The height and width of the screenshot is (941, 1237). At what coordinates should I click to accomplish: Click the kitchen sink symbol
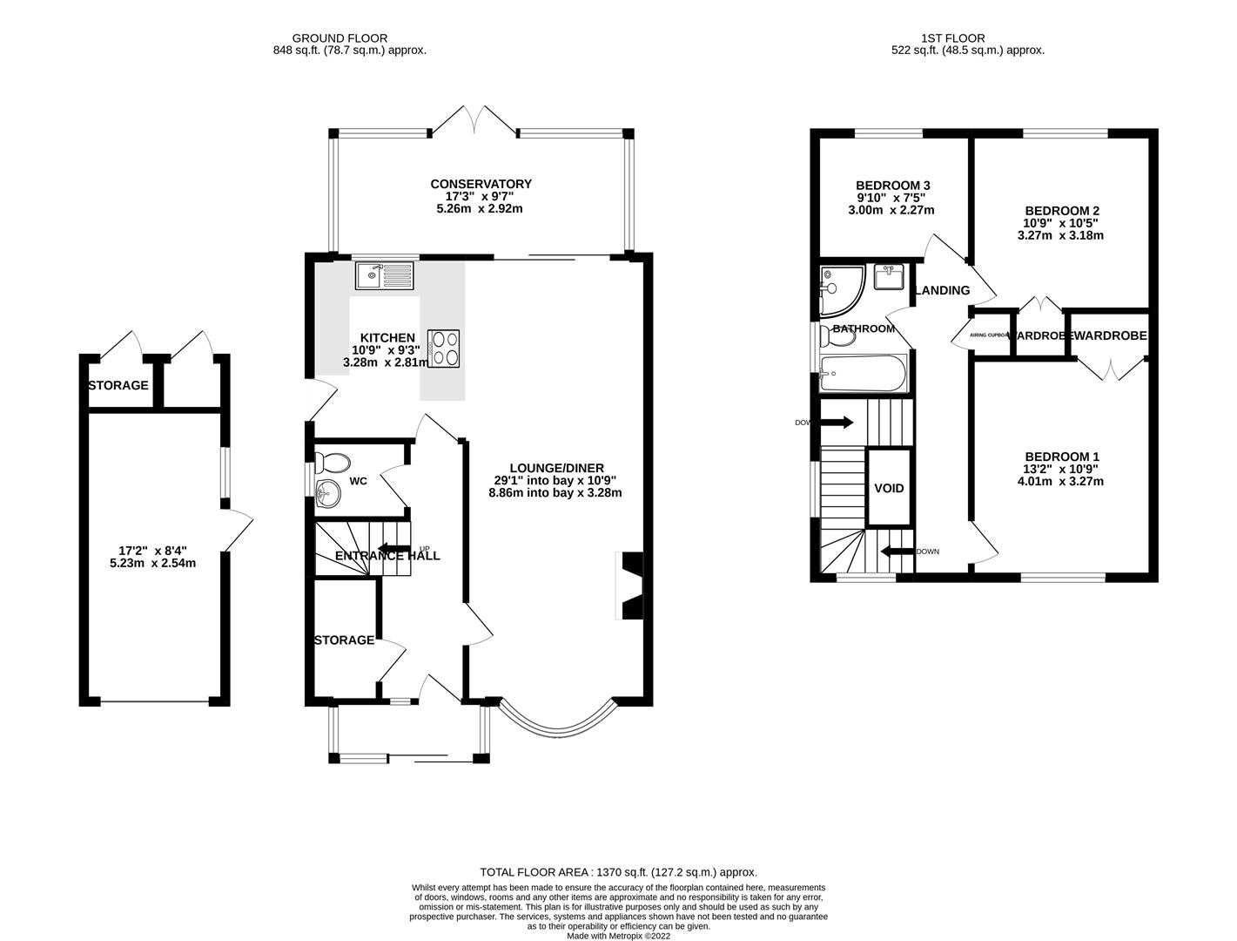[386, 276]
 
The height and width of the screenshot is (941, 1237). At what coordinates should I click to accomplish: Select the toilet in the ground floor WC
[332, 463]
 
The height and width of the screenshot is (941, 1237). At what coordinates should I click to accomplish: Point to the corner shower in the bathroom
[840, 290]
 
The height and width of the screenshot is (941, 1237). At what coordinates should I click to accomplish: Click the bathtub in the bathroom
[863, 375]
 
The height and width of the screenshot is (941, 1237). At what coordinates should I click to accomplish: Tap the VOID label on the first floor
[889, 488]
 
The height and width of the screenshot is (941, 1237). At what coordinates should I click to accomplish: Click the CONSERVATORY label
[481, 184]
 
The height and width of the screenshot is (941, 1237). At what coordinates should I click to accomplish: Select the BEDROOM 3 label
[893, 186]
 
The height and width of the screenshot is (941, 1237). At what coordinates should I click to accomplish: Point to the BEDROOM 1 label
[1062, 457]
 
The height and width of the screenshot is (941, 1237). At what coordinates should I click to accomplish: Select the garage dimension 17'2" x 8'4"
[152, 550]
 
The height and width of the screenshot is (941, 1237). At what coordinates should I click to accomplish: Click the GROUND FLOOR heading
[340, 38]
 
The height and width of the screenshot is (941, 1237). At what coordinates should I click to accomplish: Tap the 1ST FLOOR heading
[952, 38]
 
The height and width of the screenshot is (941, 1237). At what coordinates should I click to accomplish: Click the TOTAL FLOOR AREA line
[618, 871]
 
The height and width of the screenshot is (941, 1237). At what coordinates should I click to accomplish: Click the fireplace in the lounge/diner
[630, 586]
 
